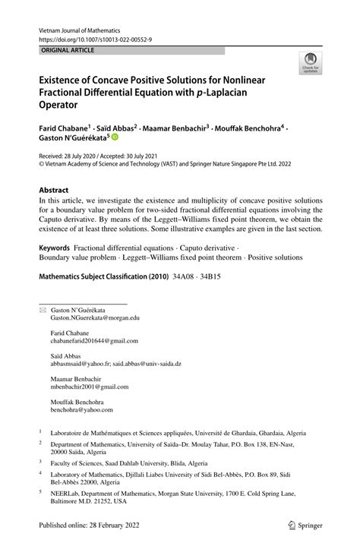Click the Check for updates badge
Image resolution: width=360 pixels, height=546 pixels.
tap(311, 65)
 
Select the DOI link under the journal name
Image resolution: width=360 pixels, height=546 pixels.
tap(90, 38)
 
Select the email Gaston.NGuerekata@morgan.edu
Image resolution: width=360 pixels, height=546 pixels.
tap(95, 320)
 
